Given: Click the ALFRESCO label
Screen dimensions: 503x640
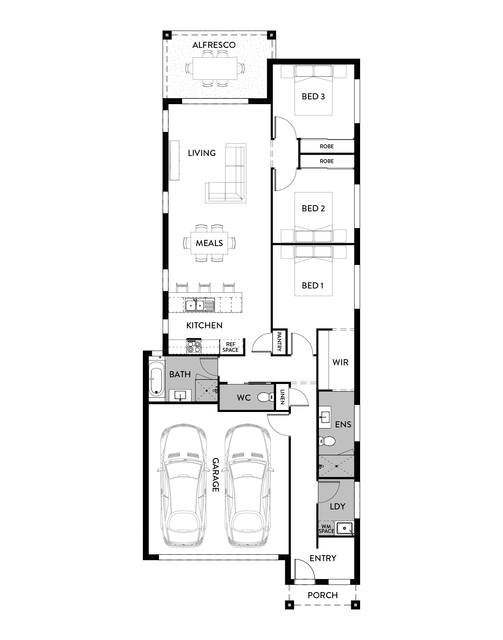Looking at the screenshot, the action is click(214, 45).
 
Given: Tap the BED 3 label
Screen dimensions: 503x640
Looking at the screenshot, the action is click(313, 96).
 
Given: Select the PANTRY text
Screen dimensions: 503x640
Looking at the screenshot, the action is click(279, 342).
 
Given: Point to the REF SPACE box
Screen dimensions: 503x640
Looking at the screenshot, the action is click(230, 347).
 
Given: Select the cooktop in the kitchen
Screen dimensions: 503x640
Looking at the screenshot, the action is click(194, 346).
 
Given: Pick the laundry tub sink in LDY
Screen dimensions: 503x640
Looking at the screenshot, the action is click(344, 528).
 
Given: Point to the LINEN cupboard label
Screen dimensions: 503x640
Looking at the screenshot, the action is click(282, 397).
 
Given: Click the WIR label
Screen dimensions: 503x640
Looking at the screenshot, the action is click(340, 362).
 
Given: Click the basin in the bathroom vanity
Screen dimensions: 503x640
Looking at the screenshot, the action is click(180, 396).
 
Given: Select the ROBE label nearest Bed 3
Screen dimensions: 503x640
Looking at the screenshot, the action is click(327, 146).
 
